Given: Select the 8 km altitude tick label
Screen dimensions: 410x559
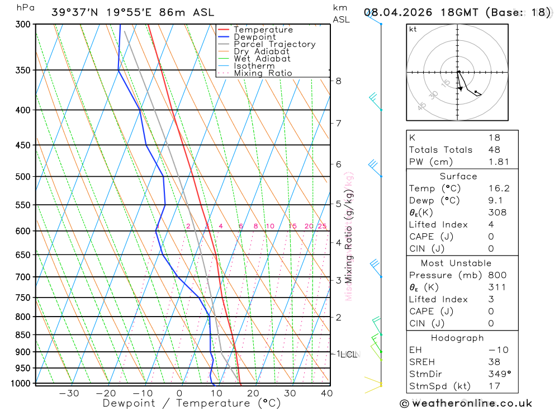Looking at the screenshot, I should pyautogui.click(x=338, y=81).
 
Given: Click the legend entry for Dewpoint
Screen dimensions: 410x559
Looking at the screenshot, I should pyautogui.click(x=255, y=37).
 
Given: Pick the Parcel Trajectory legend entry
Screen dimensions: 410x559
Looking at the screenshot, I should pyautogui.click(x=274, y=44).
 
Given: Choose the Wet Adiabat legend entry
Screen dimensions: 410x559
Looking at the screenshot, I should pyautogui.click(x=262, y=59).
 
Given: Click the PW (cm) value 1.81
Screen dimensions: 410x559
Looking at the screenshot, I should pyautogui.click(x=499, y=162).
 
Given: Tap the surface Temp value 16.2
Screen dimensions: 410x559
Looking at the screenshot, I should pyautogui.click(x=499, y=188).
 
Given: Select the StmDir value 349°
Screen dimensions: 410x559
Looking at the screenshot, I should pyautogui.click(x=499, y=374).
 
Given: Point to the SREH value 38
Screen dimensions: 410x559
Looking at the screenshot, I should pyautogui.click(x=494, y=362).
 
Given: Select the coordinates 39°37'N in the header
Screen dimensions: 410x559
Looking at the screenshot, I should pyautogui.click(x=73, y=12).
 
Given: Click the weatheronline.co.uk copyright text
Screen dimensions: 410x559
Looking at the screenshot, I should pyautogui.click(x=466, y=403).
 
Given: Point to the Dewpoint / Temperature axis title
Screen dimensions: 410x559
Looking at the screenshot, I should pyautogui.click(x=192, y=403).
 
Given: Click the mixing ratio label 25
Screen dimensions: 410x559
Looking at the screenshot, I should pyautogui.click(x=322, y=226).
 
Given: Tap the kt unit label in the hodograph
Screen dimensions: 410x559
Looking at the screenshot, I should pyautogui.click(x=413, y=29).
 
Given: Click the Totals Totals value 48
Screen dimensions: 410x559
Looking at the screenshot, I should pyautogui.click(x=494, y=150).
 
